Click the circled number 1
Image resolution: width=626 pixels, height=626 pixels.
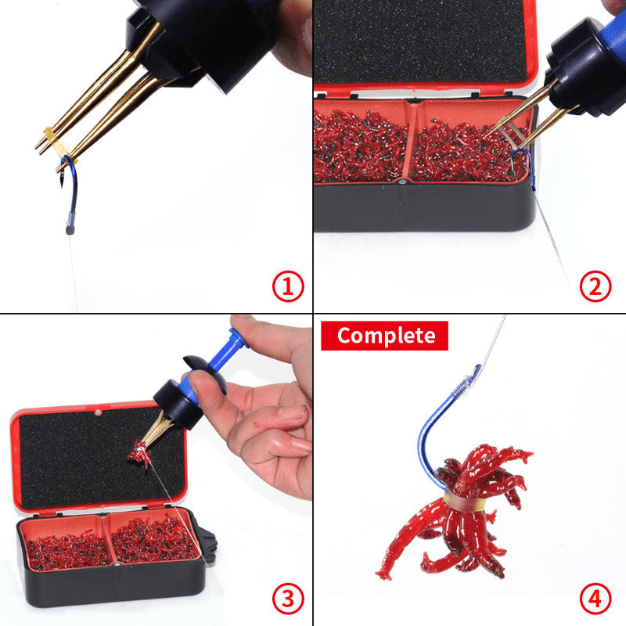click(288, 286)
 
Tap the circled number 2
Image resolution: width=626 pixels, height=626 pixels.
click(595, 286)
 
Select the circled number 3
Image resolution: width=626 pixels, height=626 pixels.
click(288, 599)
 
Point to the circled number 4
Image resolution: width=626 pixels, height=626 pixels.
click(595, 599)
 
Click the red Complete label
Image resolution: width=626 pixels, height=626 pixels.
click(384, 336)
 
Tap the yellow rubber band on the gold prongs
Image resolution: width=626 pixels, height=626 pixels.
click(56, 142)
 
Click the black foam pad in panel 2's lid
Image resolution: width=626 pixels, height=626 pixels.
click(420, 42)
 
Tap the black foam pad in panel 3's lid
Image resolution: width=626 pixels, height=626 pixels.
click(100, 459)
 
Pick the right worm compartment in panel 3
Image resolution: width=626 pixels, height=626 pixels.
click(153, 539)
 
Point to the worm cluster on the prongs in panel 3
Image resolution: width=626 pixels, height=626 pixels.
click(140, 453)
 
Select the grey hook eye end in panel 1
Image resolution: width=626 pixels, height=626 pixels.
click(70, 231)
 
